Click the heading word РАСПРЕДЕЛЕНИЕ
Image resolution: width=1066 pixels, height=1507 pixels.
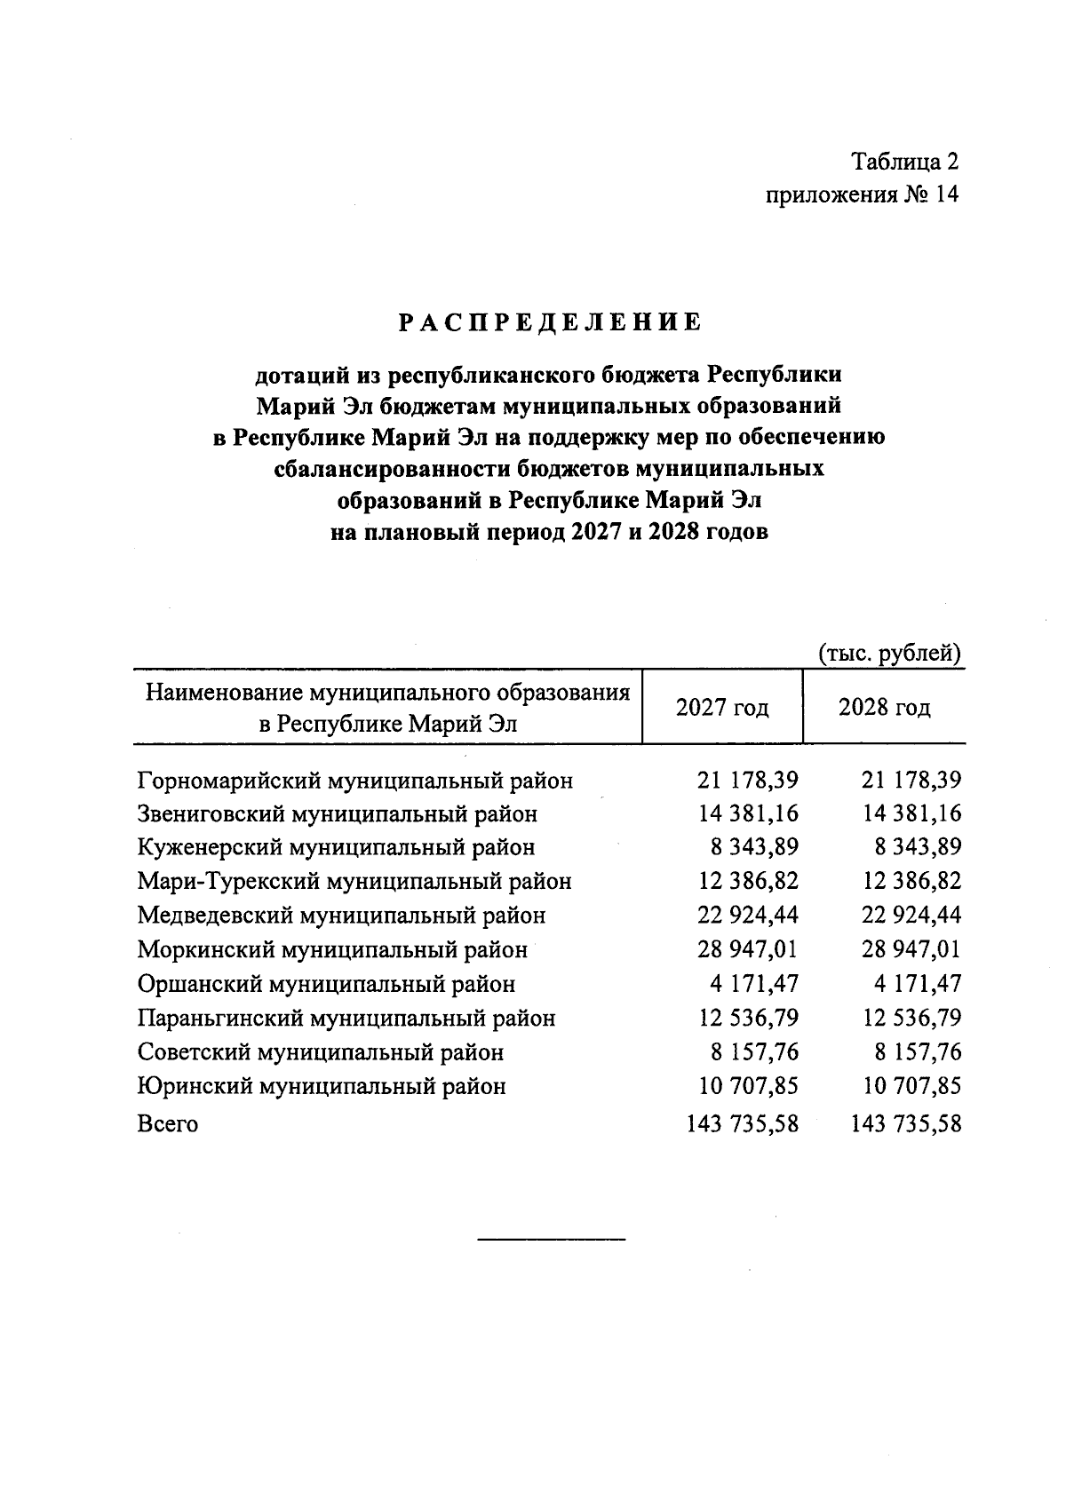pos(549,322)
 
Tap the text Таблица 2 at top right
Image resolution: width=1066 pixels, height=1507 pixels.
pos(905,162)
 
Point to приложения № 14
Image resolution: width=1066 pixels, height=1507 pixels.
pos(862,194)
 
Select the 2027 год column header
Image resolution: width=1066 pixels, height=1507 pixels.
pos(721,708)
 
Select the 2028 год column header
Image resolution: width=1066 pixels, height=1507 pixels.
pos(884,708)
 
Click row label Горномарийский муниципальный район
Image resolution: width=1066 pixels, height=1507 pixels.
pos(354,781)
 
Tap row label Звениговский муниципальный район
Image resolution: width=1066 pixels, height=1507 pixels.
pos(338,814)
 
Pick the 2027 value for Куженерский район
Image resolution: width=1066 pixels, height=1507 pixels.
pos(753,847)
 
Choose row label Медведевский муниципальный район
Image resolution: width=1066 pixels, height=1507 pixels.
pos(341,915)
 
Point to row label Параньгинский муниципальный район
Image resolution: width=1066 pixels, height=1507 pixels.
pos(346,1018)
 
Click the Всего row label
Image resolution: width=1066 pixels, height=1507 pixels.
pos(168,1124)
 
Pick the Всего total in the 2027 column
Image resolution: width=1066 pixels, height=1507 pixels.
pos(743,1124)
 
